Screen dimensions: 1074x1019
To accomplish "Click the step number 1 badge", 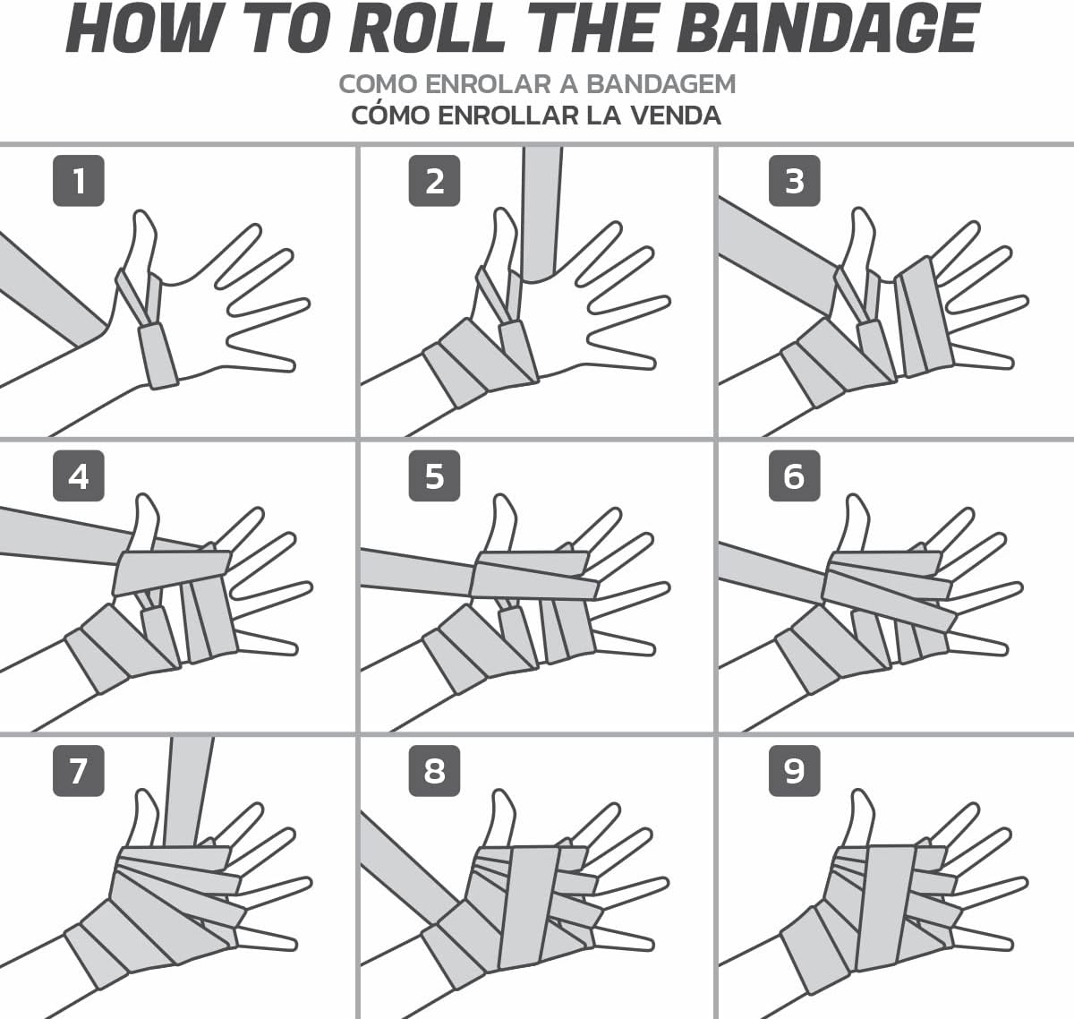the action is coord(79,181).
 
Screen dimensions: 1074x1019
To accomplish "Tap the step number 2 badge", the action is coord(434,181).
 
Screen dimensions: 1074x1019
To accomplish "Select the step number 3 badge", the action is coord(794,181).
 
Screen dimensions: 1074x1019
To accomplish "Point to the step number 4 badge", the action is coord(79,475).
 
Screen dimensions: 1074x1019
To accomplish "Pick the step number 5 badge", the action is coord(434,475).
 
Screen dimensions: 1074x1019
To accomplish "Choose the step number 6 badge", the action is coord(794,475).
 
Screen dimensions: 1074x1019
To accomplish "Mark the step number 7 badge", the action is coord(79,771).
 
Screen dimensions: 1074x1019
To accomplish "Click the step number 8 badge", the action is coord(434,771).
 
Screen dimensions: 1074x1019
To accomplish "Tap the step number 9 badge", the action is coord(794,771).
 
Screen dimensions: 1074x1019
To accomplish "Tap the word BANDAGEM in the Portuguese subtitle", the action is coord(661,84).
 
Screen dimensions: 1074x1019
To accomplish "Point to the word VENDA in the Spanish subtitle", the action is coord(674,116).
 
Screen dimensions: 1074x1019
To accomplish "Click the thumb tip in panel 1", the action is coord(141,214).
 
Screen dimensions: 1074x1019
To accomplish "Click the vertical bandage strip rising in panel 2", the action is coord(541,213).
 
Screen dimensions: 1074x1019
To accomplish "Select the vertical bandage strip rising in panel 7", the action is coord(189,792).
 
